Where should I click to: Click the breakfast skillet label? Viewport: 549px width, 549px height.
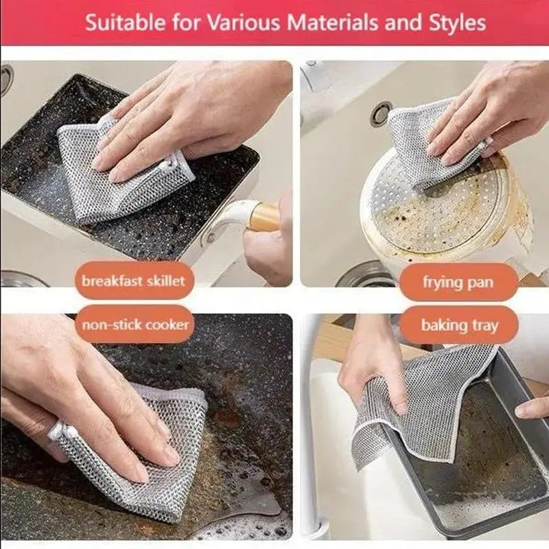tap(133, 281)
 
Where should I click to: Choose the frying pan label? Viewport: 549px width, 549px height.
tap(458, 282)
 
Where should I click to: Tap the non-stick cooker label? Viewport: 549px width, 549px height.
tap(135, 324)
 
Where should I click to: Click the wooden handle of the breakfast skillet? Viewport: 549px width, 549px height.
tap(264, 217)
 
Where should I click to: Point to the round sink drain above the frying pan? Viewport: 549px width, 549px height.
tap(381, 113)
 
